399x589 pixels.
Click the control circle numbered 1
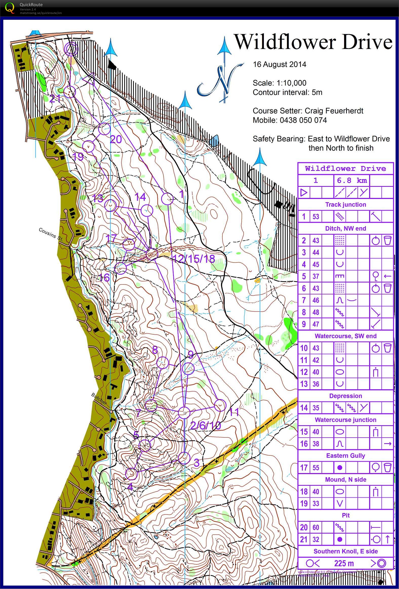point(167,199)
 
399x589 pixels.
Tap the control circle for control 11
point(220,405)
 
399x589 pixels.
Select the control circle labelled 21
point(70,91)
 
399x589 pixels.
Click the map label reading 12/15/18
point(194,259)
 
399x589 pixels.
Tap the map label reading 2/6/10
point(205,425)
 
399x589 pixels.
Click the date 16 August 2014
point(279,64)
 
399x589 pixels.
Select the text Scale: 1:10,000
point(279,83)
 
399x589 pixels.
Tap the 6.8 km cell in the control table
point(352,180)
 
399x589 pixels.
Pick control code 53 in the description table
point(316,217)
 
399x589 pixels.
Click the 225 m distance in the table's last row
point(344,563)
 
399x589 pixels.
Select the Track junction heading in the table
point(345,205)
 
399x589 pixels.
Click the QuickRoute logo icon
point(10,8)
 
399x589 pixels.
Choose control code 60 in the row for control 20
point(316,528)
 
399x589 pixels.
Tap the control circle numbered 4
point(131,474)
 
